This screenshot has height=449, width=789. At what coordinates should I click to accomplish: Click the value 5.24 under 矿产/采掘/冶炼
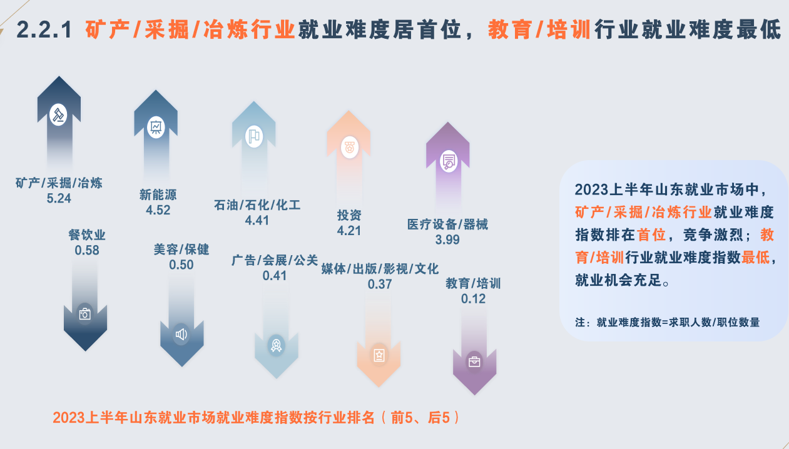pyautogui.click(x=59, y=198)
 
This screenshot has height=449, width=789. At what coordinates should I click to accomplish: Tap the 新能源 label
pyautogui.click(x=158, y=194)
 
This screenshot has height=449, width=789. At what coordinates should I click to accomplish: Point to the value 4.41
pyautogui.click(x=257, y=221)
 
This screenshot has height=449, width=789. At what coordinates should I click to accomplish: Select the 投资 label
pyautogui.click(x=349, y=215)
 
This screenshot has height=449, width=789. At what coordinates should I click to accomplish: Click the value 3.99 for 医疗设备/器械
pyautogui.click(x=447, y=240)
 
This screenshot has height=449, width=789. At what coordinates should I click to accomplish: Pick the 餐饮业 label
pyautogui.click(x=87, y=235)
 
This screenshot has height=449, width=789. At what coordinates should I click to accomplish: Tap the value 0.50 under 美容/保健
pyautogui.click(x=181, y=265)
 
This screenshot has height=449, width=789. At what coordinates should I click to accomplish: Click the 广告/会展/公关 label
pyautogui.click(x=275, y=260)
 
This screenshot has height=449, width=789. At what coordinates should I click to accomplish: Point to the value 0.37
pyautogui.click(x=380, y=284)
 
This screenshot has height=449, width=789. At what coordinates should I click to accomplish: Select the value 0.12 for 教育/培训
pyautogui.click(x=473, y=299)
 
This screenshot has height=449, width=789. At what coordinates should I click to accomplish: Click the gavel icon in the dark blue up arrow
pyautogui.click(x=58, y=114)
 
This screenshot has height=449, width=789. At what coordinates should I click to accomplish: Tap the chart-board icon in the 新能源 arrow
pyautogui.click(x=156, y=127)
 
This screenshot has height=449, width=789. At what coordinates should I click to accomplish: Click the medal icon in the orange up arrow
pyautogui.click(x=349, y=147)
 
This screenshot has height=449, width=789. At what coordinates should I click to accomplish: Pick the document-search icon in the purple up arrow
pyautogui.click(x=449, y=161)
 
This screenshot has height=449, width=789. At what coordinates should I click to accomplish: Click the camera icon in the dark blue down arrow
pyautogui.click(x=85, y=314)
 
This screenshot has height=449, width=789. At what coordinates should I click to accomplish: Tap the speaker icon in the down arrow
pyautogui.click(x=181, y=334)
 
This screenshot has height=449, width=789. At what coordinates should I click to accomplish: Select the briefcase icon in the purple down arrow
pyautogui.click(x=474, y=361)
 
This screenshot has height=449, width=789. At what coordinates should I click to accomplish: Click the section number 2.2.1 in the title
pyautogui.click(x=44, y=29)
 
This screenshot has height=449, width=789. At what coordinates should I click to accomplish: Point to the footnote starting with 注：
pyautogui.click(x=668, y=322)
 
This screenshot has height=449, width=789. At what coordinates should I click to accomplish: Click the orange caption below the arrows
pyautogui.click(x=257, y=418)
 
